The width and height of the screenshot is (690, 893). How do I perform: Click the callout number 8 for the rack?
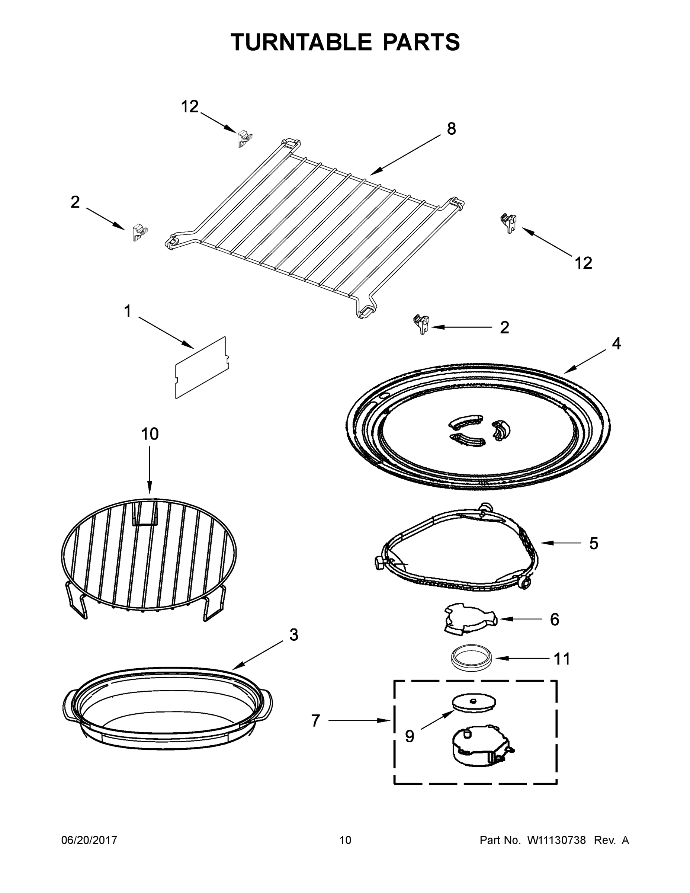click(x=451, y=129)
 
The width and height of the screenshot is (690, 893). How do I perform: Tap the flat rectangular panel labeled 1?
click(x=202, y=367)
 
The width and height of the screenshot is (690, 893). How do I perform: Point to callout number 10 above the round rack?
click(x=150, y=434)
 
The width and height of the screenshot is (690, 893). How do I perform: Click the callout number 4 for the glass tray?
click(x=616, y=343)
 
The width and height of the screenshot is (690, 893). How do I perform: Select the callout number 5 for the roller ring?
click(x=594, y=543)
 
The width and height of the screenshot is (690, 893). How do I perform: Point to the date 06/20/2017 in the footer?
click(x=89, y=840)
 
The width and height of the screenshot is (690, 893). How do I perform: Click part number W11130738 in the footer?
click(x=556, y=840)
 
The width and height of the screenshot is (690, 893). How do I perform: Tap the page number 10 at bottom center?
click(x=345, y=840)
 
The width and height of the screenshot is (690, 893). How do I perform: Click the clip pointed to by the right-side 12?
click(x=508, y=223)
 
